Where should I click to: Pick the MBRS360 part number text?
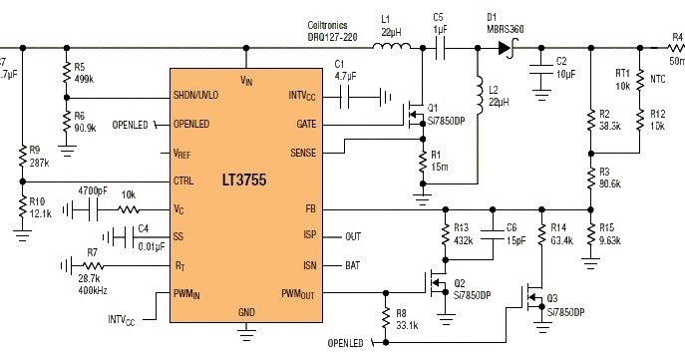(x=509, y=29)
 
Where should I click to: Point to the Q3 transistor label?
(x=552, y=299)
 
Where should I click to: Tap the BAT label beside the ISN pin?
(x=353, y=265)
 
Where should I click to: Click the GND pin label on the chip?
(x=247, y=311)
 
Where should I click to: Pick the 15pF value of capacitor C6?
(x=511, y=240)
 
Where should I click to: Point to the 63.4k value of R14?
(x=562, y=240)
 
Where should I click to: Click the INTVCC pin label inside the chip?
(x=300, y=97)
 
